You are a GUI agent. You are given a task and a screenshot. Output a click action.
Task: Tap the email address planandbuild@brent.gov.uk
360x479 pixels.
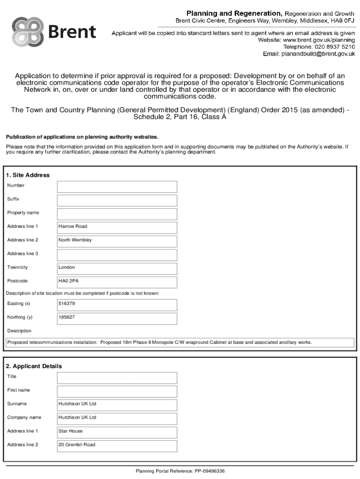[x=315, y=54]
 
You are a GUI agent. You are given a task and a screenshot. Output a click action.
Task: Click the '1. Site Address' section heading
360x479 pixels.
[x=28, y=175]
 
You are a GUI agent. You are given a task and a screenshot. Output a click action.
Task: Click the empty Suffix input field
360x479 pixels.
[x=117, y=201]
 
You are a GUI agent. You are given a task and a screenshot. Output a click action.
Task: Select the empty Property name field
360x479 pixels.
[x=117, y=214]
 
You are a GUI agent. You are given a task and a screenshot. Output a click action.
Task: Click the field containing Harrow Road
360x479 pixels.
[x=117, y=228]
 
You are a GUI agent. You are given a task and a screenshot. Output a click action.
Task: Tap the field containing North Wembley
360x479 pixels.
[x=117, y=241]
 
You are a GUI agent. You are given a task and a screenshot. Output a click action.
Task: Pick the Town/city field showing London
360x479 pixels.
[x=117, y=269]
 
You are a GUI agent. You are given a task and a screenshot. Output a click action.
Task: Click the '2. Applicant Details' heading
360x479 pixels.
[x=34, y=366]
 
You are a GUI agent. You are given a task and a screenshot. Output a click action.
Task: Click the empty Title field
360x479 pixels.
[x=117, y=378]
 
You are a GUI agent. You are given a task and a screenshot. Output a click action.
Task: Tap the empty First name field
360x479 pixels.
[x=117, y=392]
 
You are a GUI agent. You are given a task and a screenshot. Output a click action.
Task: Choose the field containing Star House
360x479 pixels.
[x=117, y=432]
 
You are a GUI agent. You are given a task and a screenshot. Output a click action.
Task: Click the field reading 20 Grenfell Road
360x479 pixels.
[x=117, y=446]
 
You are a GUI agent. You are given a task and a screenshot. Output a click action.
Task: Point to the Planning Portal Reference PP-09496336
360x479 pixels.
[x=180, y=471]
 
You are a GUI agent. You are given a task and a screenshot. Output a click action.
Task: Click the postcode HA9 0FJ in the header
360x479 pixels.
[x=343, y=21]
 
